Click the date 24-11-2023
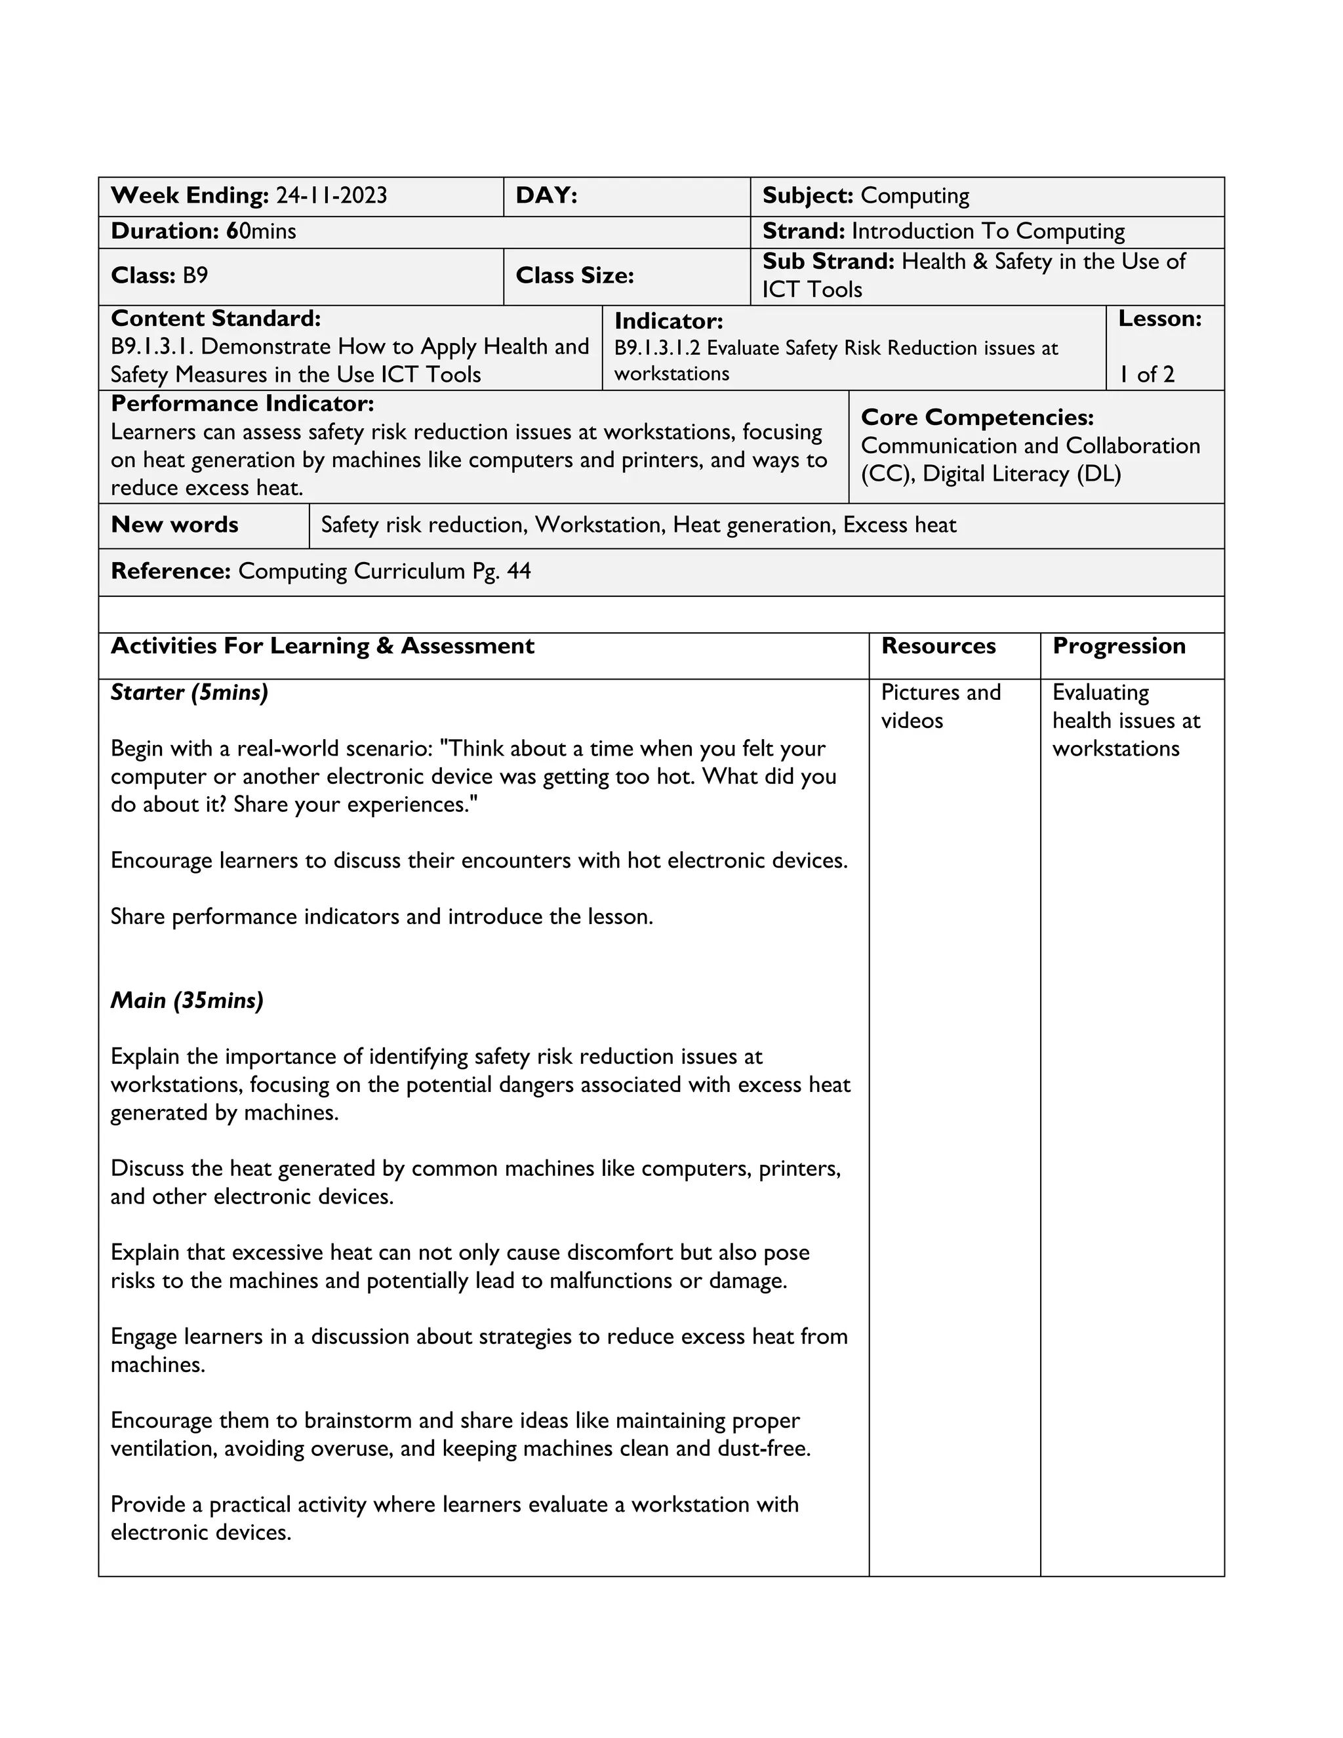331,195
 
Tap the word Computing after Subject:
915,195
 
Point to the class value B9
195,275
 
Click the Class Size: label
574,275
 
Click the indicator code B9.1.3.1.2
657,348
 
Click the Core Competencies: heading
977,418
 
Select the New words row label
174,525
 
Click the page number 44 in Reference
518,571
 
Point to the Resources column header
938,646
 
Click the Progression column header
1119,646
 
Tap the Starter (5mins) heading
190,693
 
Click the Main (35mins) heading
187,1000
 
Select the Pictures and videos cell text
940,706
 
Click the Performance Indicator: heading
242,404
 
